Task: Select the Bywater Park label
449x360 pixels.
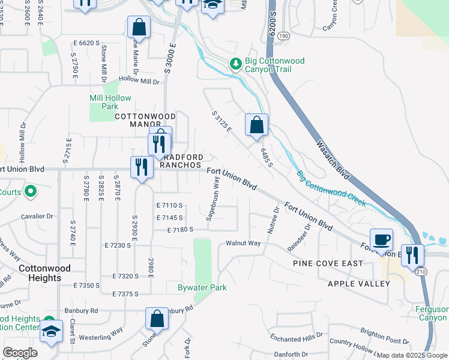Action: tap(202, 287)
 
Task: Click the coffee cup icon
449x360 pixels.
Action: tap(381, 241)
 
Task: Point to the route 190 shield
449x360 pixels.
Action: tap(283, 37)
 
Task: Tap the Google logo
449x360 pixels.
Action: tap(20, 353)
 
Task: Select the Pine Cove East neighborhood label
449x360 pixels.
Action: tap(328, 263)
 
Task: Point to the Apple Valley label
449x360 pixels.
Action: tap(355, 283)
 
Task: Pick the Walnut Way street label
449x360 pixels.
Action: tap(243, 243)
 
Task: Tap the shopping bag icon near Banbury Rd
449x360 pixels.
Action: tap(157, 319)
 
